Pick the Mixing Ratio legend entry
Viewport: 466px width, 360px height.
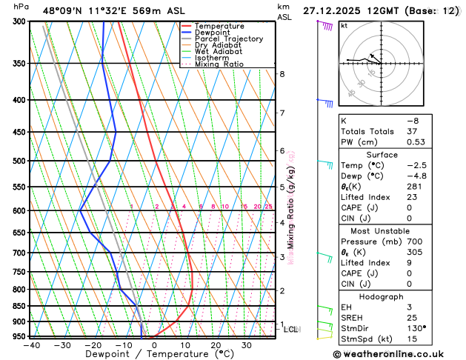point(220,64)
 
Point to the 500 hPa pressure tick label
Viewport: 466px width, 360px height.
point(18,161)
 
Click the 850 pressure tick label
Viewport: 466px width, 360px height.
point(18,306)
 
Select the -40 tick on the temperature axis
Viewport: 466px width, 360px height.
point(31,345)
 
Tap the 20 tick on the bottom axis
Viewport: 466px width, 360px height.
point(216,345)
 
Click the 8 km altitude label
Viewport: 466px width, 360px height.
point(282,74)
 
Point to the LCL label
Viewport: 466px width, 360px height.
point(290,330)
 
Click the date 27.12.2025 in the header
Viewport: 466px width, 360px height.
point(334,10)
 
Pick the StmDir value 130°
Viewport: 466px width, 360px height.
point(415,328)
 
